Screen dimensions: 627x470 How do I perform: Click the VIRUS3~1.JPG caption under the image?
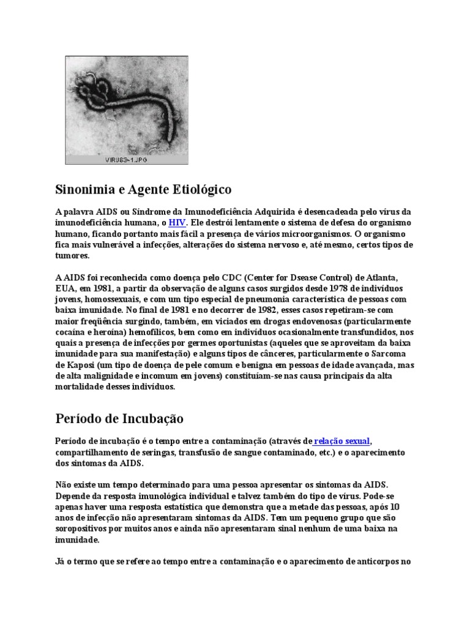(127, 160)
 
